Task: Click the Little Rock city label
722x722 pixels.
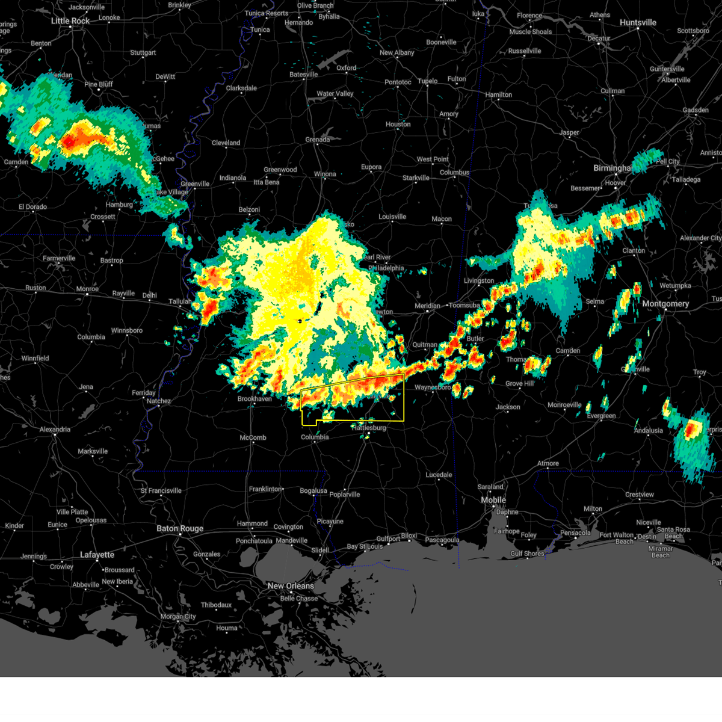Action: coord(70,20)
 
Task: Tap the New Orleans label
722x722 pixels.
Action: coord(291,585)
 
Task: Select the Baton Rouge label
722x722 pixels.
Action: coord(180,528)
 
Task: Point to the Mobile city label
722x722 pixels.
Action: coord(493,500)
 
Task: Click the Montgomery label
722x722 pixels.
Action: coord(665,304)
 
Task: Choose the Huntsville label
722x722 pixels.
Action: coord(638,22)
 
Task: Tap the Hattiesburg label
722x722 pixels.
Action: coord(369,428)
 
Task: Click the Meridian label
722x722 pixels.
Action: coord(427,306)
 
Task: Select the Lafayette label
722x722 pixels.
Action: coord(97,554)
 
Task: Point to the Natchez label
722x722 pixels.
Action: coord(159,401)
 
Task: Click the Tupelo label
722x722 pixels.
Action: coord(428,81)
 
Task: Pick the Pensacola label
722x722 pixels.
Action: coord(575,532)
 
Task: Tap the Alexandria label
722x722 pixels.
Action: coord(55,430)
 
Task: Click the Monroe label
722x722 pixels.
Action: coord(87,289)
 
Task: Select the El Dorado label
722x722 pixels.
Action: coord(32,207)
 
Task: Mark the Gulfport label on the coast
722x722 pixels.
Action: coord(388,539)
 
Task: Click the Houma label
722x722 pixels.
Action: coord(227,628)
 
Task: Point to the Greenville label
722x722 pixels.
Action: coord(195,184)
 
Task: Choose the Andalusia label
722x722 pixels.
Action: coord(648,430)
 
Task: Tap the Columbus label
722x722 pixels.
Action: coord(454,173)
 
